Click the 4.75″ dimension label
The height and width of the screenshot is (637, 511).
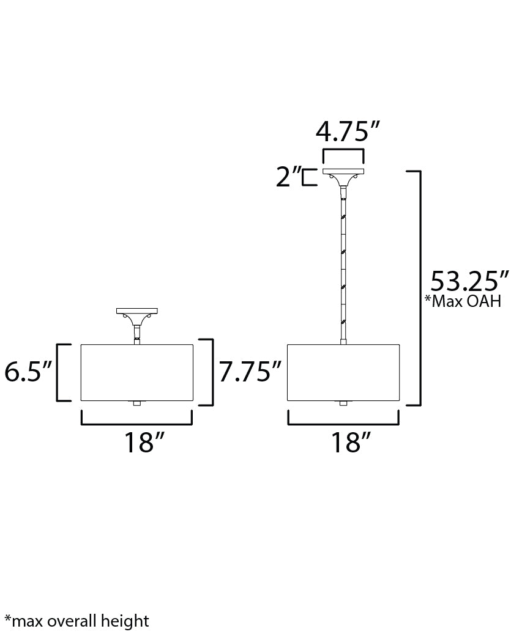348,131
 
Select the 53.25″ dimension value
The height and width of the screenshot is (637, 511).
469,282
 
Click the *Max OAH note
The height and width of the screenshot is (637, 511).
463,301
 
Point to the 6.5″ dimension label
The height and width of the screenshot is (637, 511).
28,372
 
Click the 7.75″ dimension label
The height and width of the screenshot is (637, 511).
250,372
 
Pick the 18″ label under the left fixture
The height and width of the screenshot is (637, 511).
145,442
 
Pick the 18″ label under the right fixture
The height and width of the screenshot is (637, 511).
352,442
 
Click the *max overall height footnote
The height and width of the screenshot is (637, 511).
76,622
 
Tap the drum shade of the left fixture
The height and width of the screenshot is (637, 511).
137,372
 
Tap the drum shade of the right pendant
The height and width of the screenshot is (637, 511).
343,372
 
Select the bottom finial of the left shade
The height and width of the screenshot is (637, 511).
137,403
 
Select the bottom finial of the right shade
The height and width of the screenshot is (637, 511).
343,403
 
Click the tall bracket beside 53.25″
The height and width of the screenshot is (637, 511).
419,287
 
